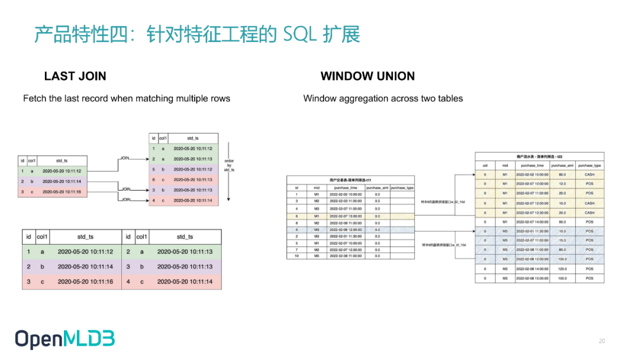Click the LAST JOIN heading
pos(75,76)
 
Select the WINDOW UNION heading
pos(367,76)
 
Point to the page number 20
pos(602,341)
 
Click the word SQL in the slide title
pos(300,35)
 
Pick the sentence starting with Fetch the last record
pos(127,98)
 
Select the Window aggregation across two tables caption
pos(383,98)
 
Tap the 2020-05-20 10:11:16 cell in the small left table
pos(62,192)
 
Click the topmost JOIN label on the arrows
pos(125,158)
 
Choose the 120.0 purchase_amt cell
pos(562,268)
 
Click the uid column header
pos(485,165)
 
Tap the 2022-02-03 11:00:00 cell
pos(346,201)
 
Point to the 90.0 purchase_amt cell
pos(562,221)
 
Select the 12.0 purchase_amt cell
pos(562,184)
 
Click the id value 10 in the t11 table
pos(296,256)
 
